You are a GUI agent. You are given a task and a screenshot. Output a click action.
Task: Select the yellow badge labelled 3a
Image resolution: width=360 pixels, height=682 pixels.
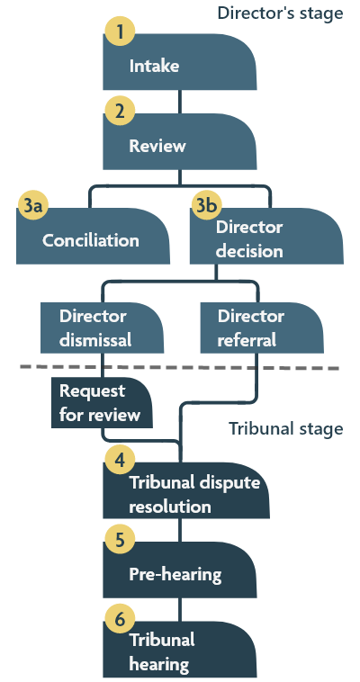point(32,207)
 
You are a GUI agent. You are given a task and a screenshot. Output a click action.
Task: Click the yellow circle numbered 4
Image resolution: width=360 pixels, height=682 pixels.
point(118,460)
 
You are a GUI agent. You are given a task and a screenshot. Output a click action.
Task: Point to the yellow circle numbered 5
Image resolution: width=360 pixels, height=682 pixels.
point(118,540)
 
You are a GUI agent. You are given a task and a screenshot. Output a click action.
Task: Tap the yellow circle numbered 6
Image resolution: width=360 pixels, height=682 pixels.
point(118,620)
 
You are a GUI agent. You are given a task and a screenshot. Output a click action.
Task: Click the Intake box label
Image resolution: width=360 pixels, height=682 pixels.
point(154,67)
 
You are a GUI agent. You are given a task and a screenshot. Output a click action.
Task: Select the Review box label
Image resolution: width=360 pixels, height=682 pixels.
point(157,146)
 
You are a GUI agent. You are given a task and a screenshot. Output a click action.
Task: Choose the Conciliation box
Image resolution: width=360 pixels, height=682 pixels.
point(92,240)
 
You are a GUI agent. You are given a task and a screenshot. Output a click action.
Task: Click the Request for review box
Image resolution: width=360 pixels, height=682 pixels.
point(100,403)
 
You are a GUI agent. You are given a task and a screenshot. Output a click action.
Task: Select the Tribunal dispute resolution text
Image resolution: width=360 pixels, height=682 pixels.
point(194,494)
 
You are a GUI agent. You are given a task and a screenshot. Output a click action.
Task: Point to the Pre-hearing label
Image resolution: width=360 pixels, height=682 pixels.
point(175,574)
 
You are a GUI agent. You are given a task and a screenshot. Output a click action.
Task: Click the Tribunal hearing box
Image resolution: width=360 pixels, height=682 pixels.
point(162,652)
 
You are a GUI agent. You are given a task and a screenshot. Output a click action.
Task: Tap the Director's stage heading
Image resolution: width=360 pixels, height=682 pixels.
point(279,13)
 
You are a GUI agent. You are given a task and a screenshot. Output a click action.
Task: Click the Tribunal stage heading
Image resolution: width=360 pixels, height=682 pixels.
point(284,429)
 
